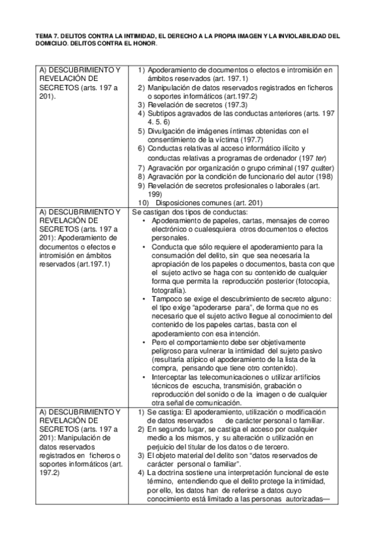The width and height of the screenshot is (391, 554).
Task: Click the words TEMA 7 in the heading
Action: coord(42,37)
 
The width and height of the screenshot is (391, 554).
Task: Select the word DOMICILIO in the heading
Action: coord(48,44)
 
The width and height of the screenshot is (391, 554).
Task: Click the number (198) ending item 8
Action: coord(325,176)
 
